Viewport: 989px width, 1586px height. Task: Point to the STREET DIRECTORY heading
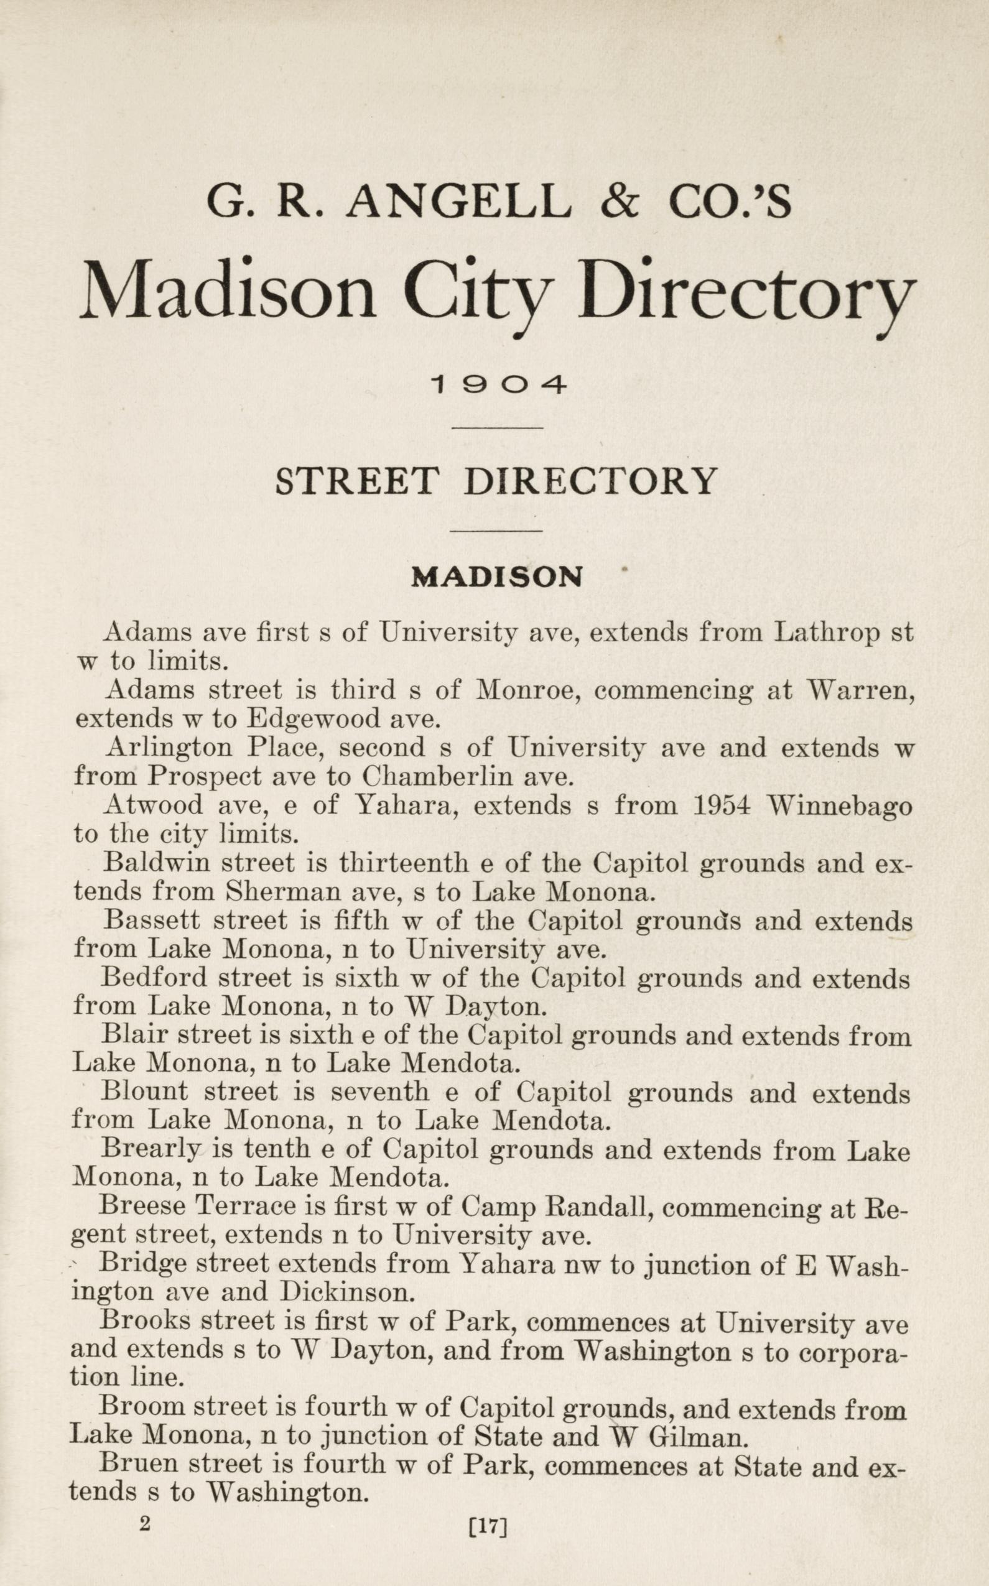pyautogui.click(x=496, y=482)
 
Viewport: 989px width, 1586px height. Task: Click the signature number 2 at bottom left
pyautogui.click(x=145, y=1504)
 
